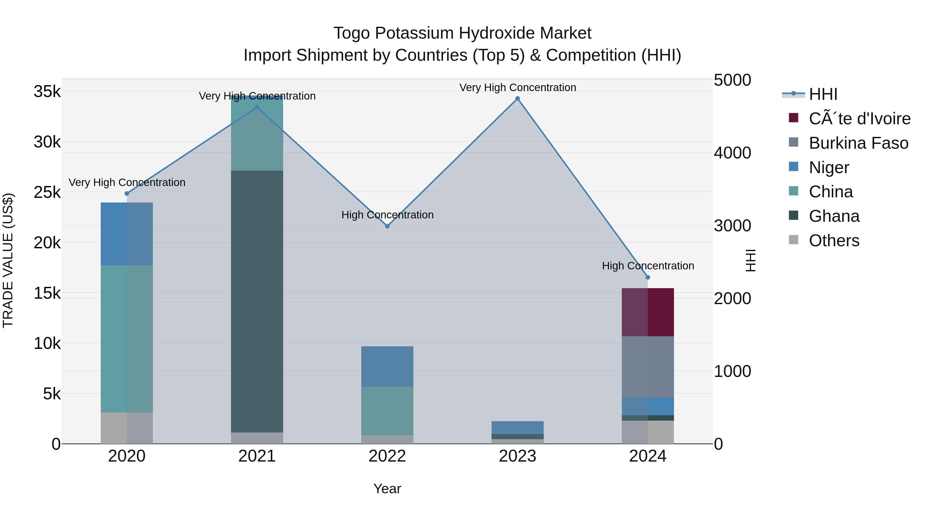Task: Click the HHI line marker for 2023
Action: tap(517, 99)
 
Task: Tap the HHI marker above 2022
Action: tap(387, 226)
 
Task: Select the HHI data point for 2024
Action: tap(648, 277)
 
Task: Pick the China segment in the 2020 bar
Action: tap(126, 339)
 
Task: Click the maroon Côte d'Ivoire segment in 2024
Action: tap(648, 312)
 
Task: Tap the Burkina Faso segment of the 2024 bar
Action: tap(648, 367)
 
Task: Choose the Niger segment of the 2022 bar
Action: tap(387, 366)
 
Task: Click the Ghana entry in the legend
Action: tap(834, 216)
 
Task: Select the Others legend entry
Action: tap(834, 241)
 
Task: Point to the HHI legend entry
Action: tap(823, 94)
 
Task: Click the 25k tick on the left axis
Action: tap(47, 192)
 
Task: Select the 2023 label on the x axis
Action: tap(517, 456)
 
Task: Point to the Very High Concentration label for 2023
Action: tap(517, 87)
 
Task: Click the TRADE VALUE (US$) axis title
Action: tap(8, 260)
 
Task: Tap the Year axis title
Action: tap(387, 489)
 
